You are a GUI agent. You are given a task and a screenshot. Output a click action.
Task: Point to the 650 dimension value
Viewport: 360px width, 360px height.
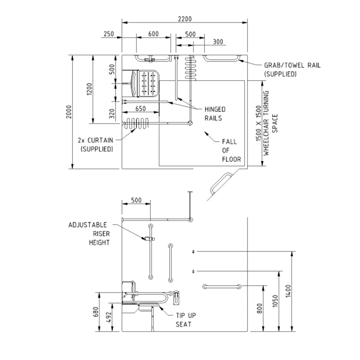(x=140, y=108)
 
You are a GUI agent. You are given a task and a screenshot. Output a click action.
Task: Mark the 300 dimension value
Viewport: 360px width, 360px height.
(x=218, y=42)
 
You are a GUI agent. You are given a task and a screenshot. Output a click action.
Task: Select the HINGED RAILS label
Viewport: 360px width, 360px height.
(x=216, y=113)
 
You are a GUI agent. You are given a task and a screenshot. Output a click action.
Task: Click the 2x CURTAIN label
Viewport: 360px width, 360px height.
(x=95, y=144)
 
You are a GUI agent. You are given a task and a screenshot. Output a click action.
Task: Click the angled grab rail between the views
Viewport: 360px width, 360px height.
(x=220, y=184)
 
